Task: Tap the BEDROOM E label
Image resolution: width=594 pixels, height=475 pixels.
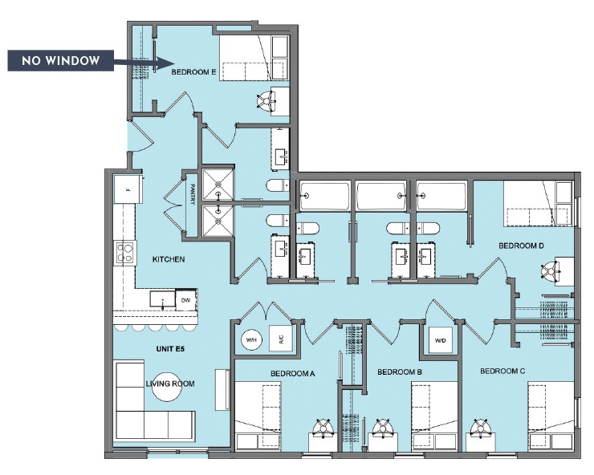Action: coord(193,72)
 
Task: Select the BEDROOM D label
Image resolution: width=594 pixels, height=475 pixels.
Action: coord(522,246)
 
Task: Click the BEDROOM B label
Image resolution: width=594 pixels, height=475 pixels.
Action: coord(400,372)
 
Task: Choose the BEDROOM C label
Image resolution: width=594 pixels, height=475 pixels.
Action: coord(502,371)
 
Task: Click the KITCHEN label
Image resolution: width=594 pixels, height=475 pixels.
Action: coord(169,260)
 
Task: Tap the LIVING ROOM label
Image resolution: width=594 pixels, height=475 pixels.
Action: coord(170,384)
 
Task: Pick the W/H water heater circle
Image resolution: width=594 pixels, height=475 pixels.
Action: coord(250,339)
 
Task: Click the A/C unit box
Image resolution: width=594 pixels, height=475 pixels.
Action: coord(280,339)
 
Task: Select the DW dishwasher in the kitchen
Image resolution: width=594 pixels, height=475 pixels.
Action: coord(185,300)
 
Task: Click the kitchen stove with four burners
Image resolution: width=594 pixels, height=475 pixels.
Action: coord(125,254)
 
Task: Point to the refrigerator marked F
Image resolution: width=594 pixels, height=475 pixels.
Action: coord(126,190)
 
